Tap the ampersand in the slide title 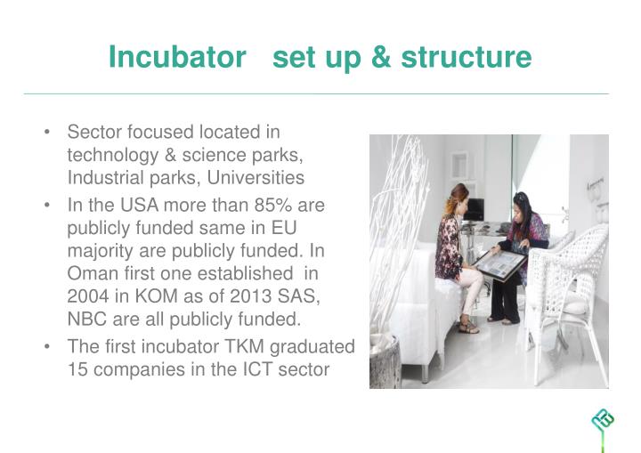(380, 58)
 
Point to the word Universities (258, 177)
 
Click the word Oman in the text (90, 274)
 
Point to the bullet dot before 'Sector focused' (45, 133)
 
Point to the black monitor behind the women (475, 209)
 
